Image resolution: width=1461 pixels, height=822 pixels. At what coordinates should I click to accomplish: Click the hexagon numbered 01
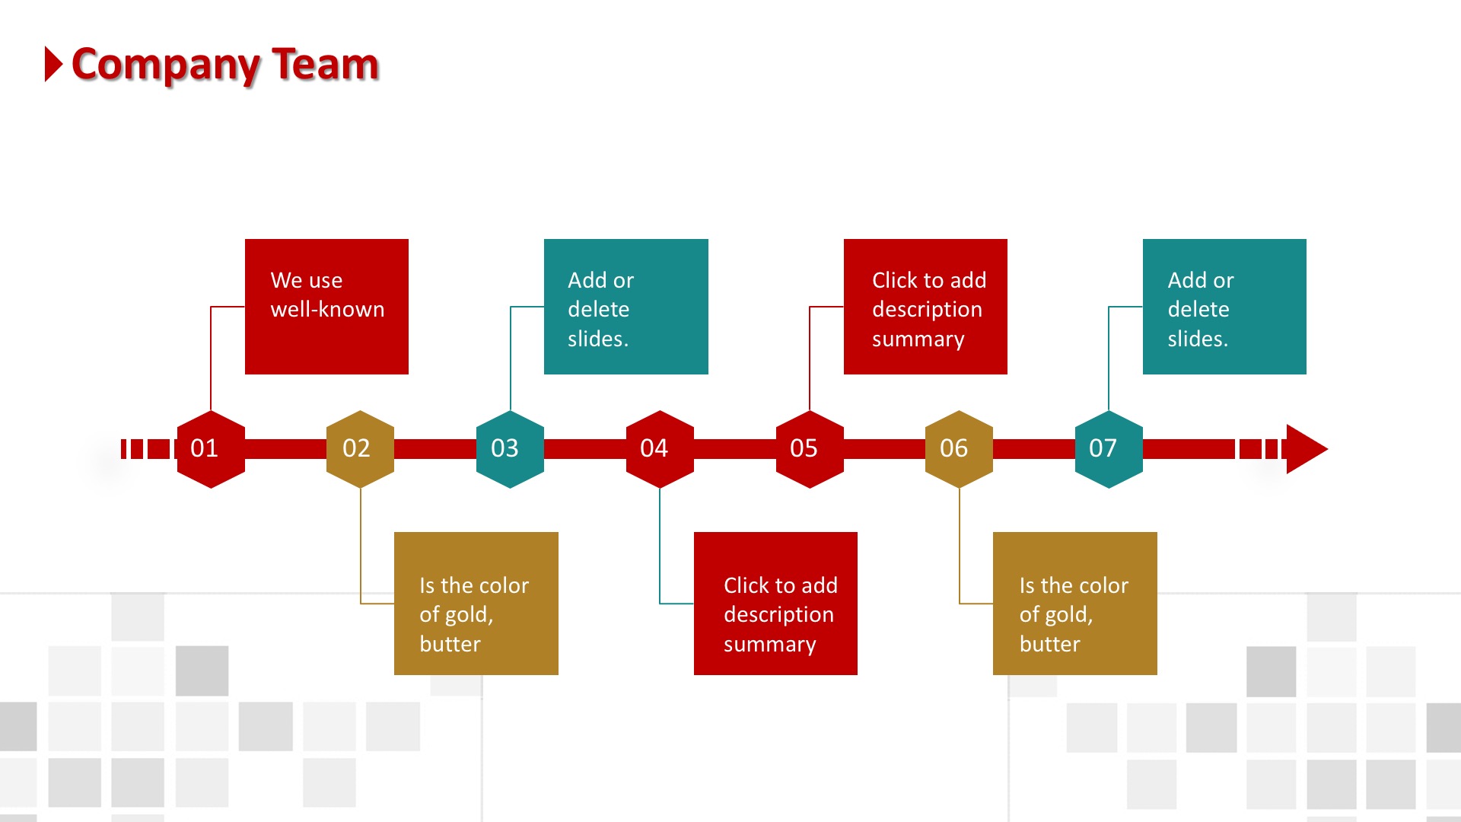click(211, 449)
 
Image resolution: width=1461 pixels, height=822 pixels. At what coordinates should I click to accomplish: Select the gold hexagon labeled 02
click(360, 449)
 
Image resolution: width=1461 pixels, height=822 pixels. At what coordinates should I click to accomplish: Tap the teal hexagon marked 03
click(510, 449)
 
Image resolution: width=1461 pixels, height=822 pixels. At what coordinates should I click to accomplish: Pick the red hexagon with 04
click(660, 449)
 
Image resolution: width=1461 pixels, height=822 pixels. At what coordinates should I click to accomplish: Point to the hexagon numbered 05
click(810, 449)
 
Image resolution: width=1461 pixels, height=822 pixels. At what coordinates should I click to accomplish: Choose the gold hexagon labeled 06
click(959, 449)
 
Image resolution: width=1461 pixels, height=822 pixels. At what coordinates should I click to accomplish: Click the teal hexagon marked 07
click(1109, 449)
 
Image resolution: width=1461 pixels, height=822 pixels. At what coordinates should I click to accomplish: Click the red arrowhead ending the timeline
click(1307, 449)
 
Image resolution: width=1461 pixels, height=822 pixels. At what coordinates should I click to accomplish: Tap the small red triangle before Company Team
click(53, 64)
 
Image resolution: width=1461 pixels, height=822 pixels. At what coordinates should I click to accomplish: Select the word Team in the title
click(326, 64)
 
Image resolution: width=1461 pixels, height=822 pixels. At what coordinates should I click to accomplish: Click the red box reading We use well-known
click(326, 307)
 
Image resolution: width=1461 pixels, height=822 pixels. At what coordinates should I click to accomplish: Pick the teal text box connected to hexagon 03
click(626, 307)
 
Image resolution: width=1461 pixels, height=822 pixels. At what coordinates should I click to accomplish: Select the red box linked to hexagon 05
click(925, 307)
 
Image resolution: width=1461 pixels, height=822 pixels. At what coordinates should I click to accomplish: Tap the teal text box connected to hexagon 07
click(1224, 307)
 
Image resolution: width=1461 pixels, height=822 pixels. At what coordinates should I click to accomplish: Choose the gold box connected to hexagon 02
click(476, 604)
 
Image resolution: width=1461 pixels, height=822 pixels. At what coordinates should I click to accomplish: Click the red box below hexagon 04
click(775, 604)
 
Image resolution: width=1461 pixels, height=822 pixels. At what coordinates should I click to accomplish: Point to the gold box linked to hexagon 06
click(1075, 604)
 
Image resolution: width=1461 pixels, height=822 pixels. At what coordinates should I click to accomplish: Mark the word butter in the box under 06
click(1049, 644)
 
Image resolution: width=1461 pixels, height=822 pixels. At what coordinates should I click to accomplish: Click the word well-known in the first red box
click(327, 309)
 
